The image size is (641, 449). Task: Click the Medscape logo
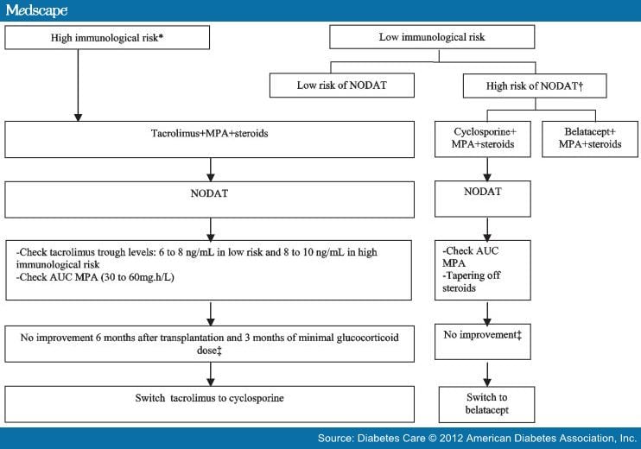(x=35, y=10)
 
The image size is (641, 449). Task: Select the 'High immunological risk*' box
(x=107, y=37)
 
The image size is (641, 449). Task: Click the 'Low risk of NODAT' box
(x=342, y=85)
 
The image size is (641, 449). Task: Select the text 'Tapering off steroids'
(x=473, y=282)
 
